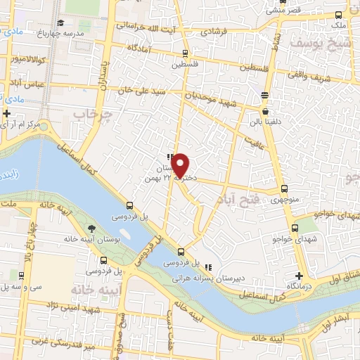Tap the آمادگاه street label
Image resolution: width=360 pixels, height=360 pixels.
tap(141, 48)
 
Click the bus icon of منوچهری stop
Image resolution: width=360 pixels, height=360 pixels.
tap(283, 188)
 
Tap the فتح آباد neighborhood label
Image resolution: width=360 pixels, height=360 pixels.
tap(233, 201)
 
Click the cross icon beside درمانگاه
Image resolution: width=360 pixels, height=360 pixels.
tap(299, 275)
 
